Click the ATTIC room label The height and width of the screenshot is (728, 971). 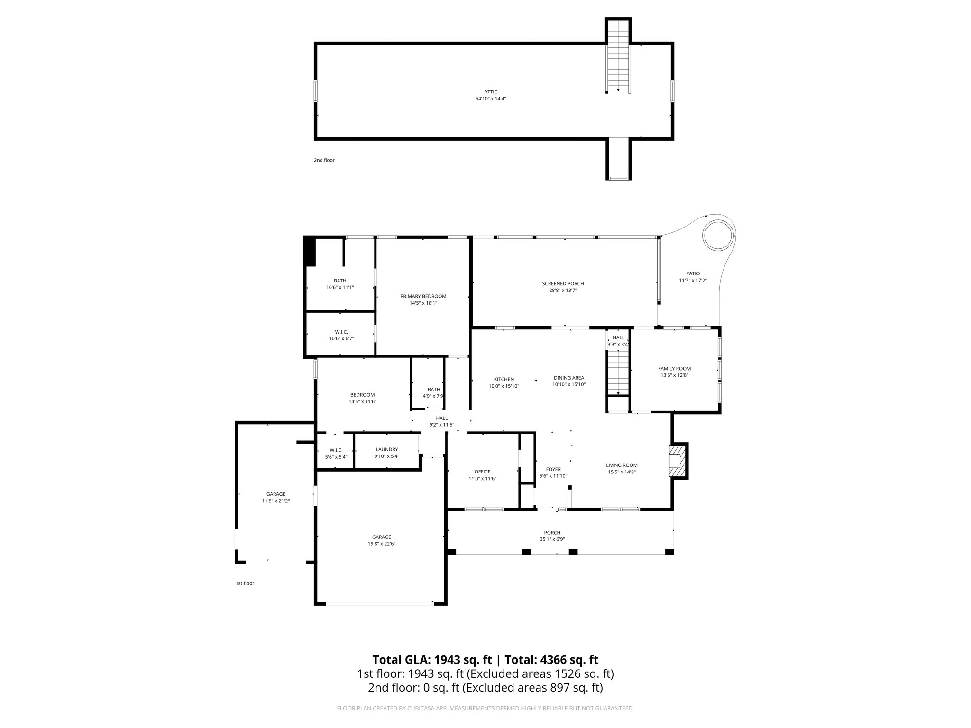coord(490,92)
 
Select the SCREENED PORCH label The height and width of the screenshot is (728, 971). coord(563,284)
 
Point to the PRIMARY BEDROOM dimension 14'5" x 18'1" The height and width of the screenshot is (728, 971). coord(423,303)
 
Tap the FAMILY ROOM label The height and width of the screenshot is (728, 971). coord(674,369)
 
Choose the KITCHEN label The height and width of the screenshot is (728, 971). coord(504,379)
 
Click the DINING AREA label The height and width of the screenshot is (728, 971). coord(568,378)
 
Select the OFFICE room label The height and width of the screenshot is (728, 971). coord(482,472)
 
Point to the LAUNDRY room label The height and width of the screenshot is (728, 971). coord(386,449)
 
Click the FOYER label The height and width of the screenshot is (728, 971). coord(553,469)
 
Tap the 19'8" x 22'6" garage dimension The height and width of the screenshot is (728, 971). coord(381,544)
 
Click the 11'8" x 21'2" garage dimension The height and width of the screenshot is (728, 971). coord(275,500)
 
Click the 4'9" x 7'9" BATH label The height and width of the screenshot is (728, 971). coord(433,396)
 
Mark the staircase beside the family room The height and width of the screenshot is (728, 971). coord(618,372)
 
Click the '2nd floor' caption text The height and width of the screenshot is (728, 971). coord(324,160)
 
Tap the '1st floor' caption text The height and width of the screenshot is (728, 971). coord(245,583)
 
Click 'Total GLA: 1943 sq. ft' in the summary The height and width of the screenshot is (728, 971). coord(432,660)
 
